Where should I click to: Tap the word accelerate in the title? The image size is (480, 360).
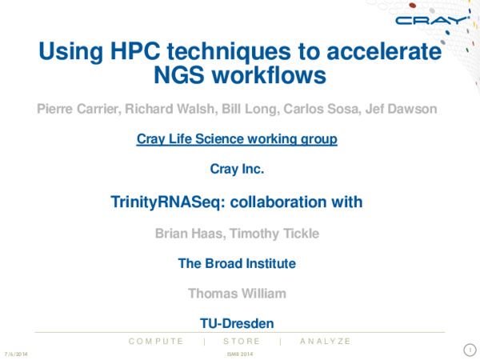378,53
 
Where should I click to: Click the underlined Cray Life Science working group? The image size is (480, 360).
237,139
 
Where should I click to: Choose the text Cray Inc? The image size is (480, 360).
237,169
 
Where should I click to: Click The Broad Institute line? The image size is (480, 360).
237,263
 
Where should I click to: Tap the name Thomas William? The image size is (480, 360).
237,294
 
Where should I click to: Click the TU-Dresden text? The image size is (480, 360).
237,323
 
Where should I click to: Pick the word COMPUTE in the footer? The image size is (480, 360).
156,341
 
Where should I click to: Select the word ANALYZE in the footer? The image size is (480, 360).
325,341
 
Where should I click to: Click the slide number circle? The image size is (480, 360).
470,350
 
